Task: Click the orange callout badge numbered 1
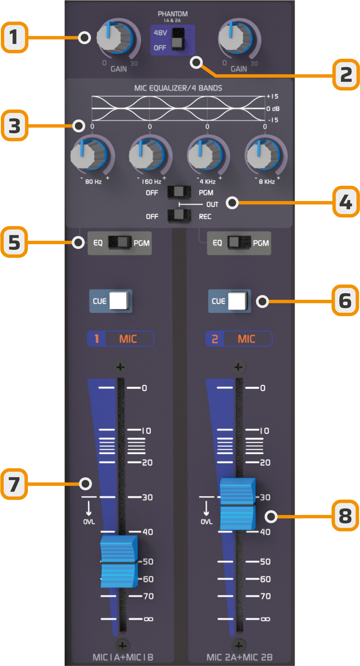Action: (x=14, y=38)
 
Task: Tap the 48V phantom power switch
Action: (x=178, y=39)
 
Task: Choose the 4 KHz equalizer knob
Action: (x=206, y=156)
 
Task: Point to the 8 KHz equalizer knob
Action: (x=264, y=156)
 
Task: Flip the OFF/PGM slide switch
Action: (x=179, y=192)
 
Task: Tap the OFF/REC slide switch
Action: (x=179, y=216)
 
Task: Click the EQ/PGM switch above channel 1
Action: (x=120, y=242)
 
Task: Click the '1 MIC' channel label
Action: (x=120, y=339)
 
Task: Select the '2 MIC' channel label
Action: (x=239, y=339)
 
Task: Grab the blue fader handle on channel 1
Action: (x=119, y=561)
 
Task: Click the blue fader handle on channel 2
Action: (x=237, y=504)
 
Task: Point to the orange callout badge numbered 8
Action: (x=345, y=516)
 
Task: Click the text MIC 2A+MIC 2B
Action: (x=239, y=657)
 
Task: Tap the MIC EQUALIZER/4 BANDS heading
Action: (x=178, y=88)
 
